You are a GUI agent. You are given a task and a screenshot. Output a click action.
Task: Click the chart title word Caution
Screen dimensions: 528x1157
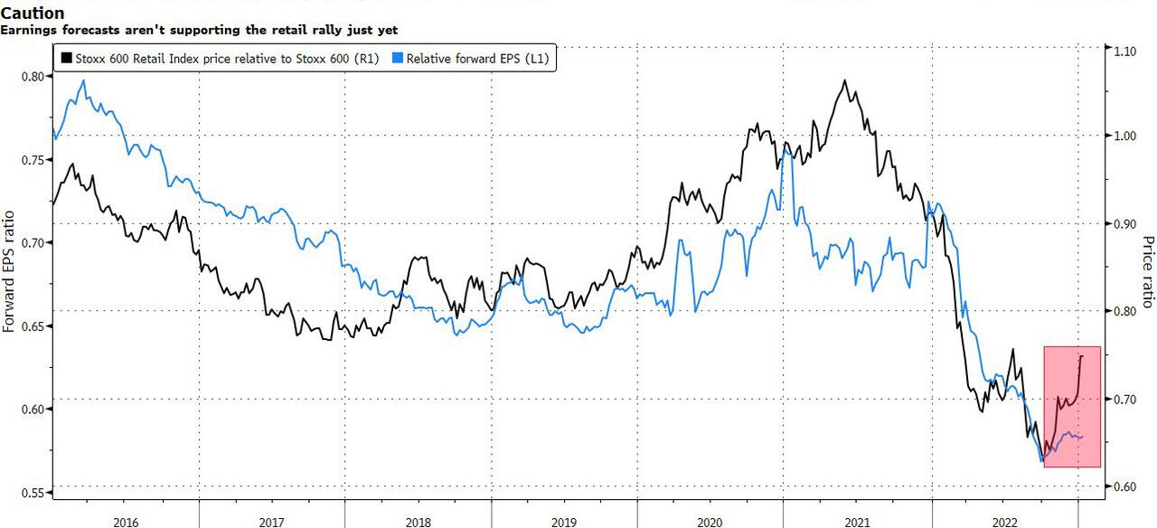(x=33, y=14)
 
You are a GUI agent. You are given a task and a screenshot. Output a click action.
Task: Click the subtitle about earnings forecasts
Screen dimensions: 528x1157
(x=199, y=30)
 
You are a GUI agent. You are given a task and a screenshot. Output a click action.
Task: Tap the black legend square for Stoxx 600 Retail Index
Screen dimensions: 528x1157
(x=66, y=59)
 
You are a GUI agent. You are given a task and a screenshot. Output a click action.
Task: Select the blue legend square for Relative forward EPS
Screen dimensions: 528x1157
(x=398, y=59)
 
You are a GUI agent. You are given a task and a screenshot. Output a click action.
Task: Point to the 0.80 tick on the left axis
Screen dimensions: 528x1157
(x=32, y=76)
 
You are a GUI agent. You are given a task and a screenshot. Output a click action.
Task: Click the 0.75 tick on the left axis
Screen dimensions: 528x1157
(x=32, y=160)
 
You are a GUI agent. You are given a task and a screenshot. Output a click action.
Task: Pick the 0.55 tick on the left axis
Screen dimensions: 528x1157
(x=32, y=493)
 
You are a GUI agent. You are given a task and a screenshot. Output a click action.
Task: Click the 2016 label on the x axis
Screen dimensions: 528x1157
(x=127, y=521)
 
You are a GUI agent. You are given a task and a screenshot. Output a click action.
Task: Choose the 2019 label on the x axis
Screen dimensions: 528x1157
(x=563, y=521)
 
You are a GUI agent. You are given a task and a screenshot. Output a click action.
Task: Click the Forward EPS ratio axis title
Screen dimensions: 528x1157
(x=9, y=271)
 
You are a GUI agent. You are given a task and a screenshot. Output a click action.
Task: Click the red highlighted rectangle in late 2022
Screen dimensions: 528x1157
(x=1072, y=407)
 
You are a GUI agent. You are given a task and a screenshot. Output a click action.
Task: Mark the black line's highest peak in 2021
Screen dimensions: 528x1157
(x=845, y=80)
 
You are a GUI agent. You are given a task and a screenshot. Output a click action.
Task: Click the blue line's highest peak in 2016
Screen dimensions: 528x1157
(x=84, y=80)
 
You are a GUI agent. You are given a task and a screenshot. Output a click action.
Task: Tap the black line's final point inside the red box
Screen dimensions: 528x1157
(x=1082, y=355)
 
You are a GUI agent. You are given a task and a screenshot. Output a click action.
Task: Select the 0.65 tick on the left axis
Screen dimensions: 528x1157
(x=32, y=326)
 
